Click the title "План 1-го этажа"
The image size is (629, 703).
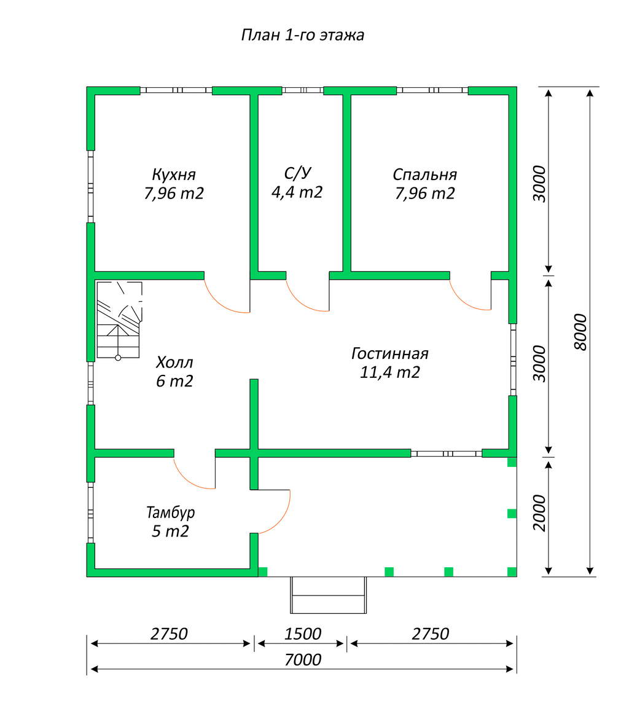[302, 35]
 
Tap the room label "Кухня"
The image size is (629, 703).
[174, 174]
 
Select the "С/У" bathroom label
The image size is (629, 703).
[297, 173]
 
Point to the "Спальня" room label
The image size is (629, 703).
[424, 174]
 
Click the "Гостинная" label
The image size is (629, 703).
[390, 353]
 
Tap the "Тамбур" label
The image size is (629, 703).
[170, 512]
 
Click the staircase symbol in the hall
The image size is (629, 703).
[119, 320]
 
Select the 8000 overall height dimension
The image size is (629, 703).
[580, 332]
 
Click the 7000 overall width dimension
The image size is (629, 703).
[303, 659]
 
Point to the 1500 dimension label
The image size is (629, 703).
[303, 634]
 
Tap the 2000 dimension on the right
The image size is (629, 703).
[539, 513]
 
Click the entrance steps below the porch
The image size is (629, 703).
[329, 595]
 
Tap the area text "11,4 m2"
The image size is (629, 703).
[390, 372]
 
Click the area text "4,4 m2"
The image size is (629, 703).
[297, 192]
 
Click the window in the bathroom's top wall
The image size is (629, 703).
[302, 90]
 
